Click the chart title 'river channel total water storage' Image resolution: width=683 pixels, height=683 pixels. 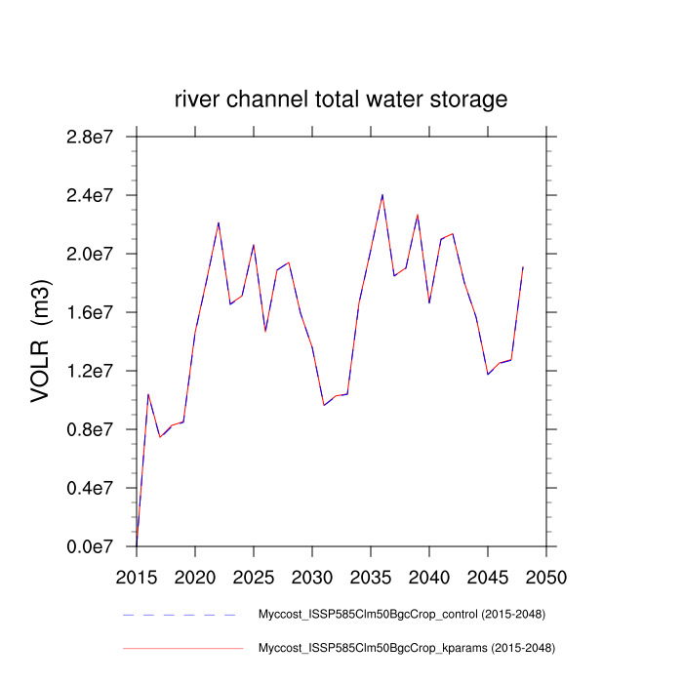341,100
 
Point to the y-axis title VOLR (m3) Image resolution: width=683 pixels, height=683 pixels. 41,341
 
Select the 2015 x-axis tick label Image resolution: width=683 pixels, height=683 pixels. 137,577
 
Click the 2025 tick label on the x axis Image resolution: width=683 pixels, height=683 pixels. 254,577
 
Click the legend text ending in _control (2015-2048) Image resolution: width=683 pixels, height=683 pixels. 401,615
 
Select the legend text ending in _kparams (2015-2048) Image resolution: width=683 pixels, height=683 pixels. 405,648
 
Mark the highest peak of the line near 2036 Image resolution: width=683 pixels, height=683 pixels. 382,194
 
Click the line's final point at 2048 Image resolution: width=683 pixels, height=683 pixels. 523,266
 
